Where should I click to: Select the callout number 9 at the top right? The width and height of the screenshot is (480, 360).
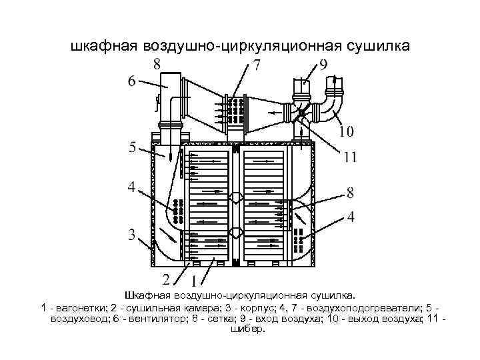pos(323,65)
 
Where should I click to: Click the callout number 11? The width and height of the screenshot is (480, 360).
pos(350,159)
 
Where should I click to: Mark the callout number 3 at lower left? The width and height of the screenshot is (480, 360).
pos(132,234)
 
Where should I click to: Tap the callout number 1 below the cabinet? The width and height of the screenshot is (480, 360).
pos(194,280)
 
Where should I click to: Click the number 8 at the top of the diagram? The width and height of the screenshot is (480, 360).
pos(157,65)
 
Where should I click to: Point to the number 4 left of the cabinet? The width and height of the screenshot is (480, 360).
pos(132,188)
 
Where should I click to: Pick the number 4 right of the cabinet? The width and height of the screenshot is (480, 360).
pos(351,217)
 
